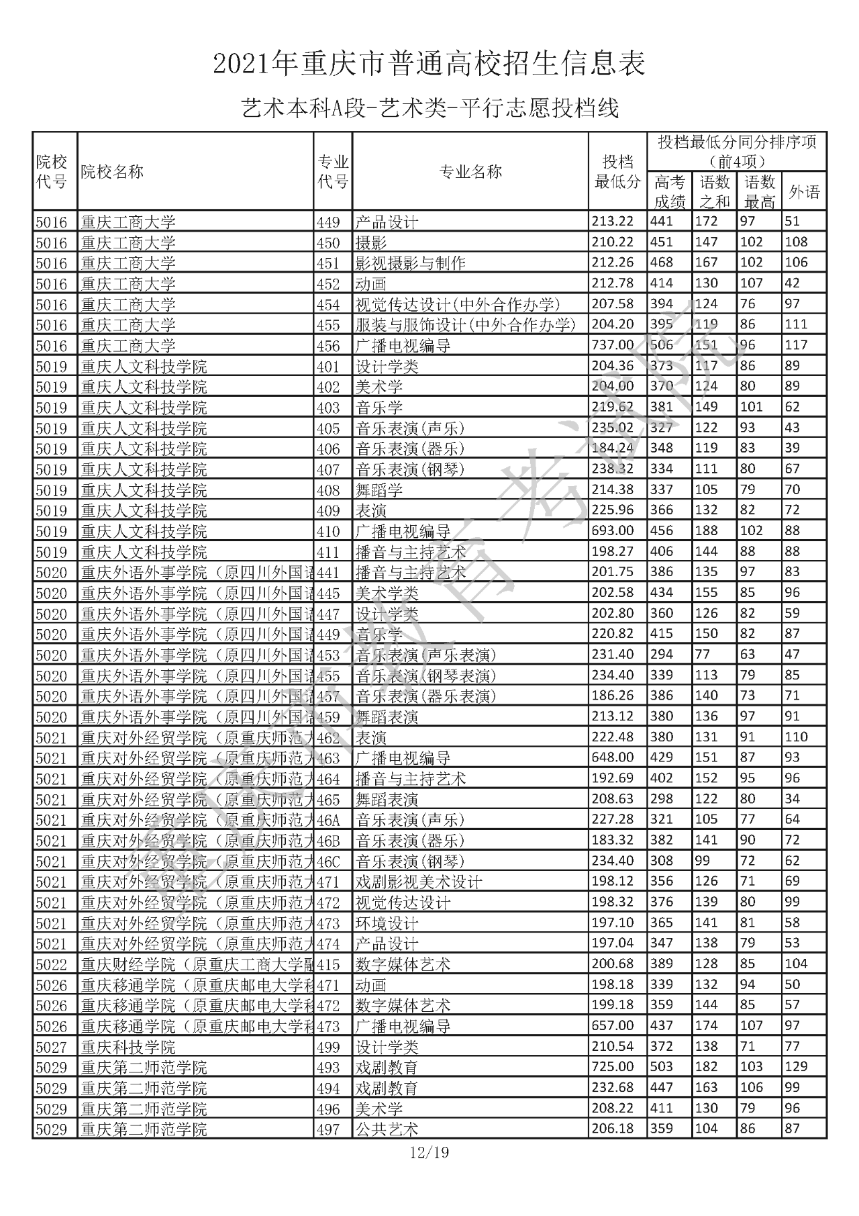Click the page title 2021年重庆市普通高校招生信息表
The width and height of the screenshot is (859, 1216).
(x=429, y=64)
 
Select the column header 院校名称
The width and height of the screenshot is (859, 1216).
(x=113, y=172)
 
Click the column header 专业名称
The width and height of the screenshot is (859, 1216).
(x=470, y=172)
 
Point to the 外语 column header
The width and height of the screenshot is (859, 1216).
(x=804, y=193)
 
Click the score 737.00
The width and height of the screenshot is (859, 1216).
(x=612, y=345)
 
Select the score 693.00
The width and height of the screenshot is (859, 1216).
(x=612, y=531)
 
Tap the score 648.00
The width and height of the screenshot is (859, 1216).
(x=612, y=758)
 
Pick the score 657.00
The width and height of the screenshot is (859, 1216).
(x=612, y=1026)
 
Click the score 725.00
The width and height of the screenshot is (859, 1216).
(x=612, y=1067)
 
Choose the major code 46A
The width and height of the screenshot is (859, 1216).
(x=328, y=820)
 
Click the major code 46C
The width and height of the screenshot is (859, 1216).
(x=328, y=861)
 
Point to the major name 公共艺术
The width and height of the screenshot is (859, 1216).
(x=387, y=1129)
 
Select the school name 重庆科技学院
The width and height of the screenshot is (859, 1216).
(x=128, y=1047)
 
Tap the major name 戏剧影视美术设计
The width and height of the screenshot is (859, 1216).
(x=419, y=882)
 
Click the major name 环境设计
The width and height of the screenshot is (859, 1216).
(x=387, y=923)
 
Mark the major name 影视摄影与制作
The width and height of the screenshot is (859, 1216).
(x=410, y=263)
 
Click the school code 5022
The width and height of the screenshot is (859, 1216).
(x=52, y=965)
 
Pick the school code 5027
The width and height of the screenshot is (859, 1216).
(x=52, y=1047)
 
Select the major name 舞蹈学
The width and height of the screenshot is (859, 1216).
(x=379, y=490)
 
